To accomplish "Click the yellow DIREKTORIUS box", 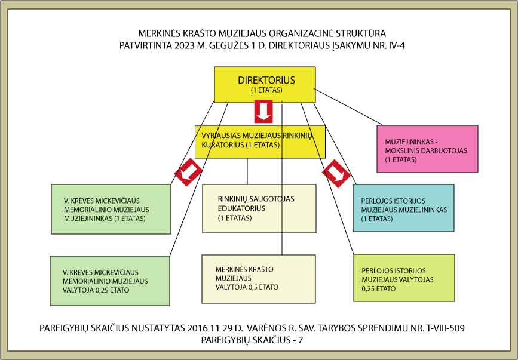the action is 265,85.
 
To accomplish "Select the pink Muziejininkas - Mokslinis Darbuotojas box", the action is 427,149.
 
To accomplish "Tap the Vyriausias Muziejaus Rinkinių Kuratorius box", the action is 260,141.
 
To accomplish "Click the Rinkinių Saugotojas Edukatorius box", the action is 259,208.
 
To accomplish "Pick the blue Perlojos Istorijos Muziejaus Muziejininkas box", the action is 403,208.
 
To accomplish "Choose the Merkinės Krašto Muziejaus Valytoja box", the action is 259,279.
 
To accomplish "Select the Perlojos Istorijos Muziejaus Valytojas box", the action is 404,278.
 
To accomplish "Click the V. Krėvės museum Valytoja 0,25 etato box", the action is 110,281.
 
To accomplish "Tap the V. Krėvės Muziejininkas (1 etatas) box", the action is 111,209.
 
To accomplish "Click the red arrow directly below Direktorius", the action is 263,112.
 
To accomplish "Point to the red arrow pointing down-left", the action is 188,172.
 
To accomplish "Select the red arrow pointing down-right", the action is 336,174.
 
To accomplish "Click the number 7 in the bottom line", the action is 301,340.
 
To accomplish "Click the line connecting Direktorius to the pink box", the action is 348,107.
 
